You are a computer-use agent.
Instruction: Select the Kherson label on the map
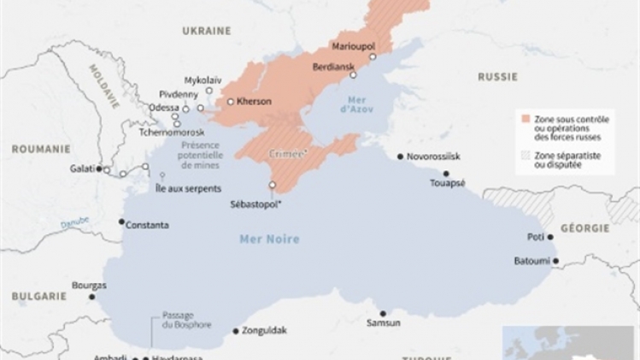253,101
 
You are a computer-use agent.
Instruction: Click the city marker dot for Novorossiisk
400,156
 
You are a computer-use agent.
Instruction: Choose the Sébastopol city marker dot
273,186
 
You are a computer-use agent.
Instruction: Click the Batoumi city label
531,260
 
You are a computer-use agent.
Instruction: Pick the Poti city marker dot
551,237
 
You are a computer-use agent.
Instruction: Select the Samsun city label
383,323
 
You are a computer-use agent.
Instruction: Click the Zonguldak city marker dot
235,330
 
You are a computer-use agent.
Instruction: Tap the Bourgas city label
90,285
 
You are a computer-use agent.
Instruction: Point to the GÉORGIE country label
585,228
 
